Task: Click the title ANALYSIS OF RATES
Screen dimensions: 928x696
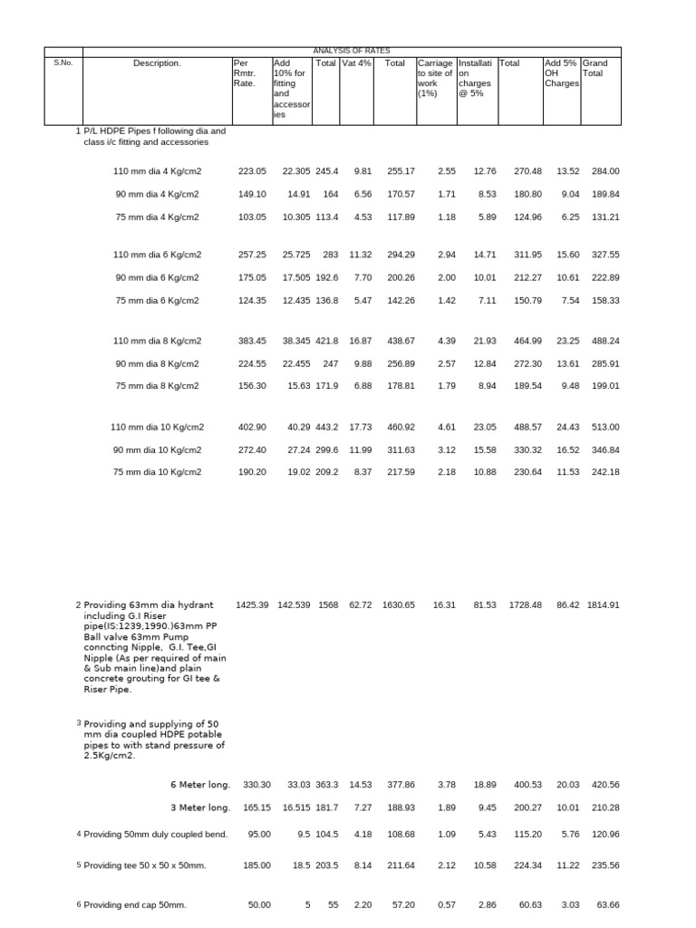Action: [351, 51]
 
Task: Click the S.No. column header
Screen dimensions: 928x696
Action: [63, 63]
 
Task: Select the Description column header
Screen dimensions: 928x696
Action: [157, 63]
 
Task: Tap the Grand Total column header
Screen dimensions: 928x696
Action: [595, 68]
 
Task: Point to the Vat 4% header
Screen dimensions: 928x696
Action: [356, 63]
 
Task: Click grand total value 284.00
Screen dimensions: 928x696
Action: [604, 170]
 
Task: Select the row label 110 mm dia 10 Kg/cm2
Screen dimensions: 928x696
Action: [157, 427]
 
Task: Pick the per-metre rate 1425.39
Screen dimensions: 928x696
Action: [252, 604]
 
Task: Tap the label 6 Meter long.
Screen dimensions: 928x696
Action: [200, 785]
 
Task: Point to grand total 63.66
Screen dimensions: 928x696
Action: [607, 904]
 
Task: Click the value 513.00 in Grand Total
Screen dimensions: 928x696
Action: [604, 427]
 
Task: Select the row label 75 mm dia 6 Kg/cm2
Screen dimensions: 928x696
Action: [157, 300]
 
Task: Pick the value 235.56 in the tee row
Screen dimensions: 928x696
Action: [604, 865]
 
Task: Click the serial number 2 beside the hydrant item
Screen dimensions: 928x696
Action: [78, 604]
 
